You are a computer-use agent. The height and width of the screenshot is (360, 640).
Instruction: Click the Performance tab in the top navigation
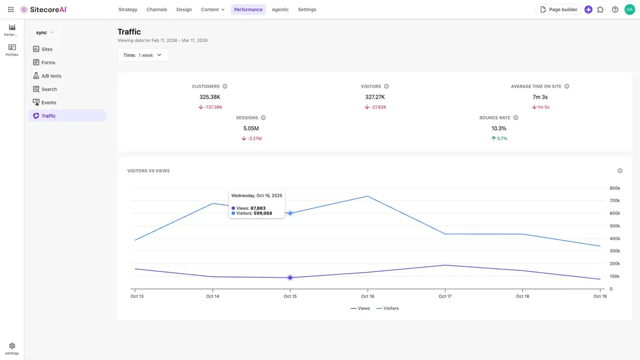click(x=248, y=10)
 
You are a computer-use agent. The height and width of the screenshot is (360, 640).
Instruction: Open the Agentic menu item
click(x=280, y=10)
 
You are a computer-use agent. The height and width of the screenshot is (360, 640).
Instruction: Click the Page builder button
click(x=558, y=10)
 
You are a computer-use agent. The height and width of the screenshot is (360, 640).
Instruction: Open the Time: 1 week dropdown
click(x=142, y=55)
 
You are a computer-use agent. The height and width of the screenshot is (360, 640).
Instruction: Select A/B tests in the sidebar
click(x=51, y=76)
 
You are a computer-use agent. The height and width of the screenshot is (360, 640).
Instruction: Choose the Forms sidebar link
click(x=48, y=62)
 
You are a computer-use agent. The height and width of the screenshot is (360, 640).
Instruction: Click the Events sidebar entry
click(x=49, y=102)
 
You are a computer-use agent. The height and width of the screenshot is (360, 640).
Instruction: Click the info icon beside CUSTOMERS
click(x=225, y=86)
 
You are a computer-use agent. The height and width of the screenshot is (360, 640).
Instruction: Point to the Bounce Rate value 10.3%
click(x=499, y=129)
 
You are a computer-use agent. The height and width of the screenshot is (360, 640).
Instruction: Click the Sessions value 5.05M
click(x=251, y=129)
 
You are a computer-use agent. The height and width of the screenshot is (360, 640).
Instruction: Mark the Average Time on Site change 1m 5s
click(x=540, y=107)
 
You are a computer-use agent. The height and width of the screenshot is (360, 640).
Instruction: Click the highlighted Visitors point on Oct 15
click(x=290, y=213)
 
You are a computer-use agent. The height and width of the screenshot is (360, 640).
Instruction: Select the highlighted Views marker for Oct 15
click(x=290, y=278)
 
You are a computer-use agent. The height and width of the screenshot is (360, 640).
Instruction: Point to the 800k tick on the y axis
click(x=614, y=188)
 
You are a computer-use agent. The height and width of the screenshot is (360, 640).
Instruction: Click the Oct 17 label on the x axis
click(x=445, y=297)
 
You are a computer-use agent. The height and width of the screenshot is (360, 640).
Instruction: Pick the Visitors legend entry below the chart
click(x=387, y=308)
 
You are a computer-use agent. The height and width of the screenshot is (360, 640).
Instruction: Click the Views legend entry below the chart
click(x=361, y=308)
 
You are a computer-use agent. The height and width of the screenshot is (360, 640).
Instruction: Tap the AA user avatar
click(x=629, y=10)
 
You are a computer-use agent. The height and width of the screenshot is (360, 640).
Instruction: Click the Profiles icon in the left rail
click(x=12, y=50)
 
